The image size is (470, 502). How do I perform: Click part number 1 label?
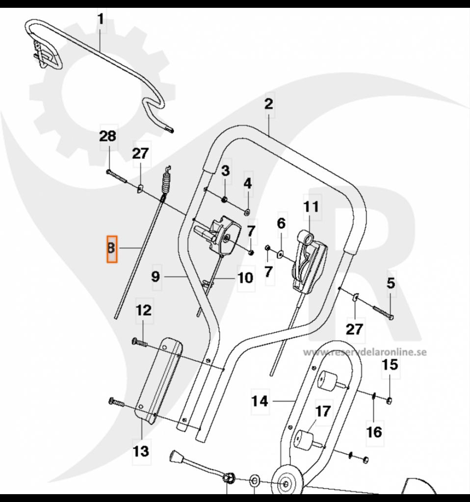coord(101,20)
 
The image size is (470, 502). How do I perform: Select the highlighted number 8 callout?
coord(112,249)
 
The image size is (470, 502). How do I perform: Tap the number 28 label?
coord(108,136)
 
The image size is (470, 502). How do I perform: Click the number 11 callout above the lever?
coord(310,206)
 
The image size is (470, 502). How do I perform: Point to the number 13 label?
coord(141,451)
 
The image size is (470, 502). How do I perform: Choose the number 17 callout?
coord(322,411)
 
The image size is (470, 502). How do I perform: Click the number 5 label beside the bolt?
coord(391,283)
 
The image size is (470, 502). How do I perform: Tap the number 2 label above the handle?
coord(268,104)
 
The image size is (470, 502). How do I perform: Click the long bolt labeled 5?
coord(383,311)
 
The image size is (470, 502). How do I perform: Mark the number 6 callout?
coord(281,224)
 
